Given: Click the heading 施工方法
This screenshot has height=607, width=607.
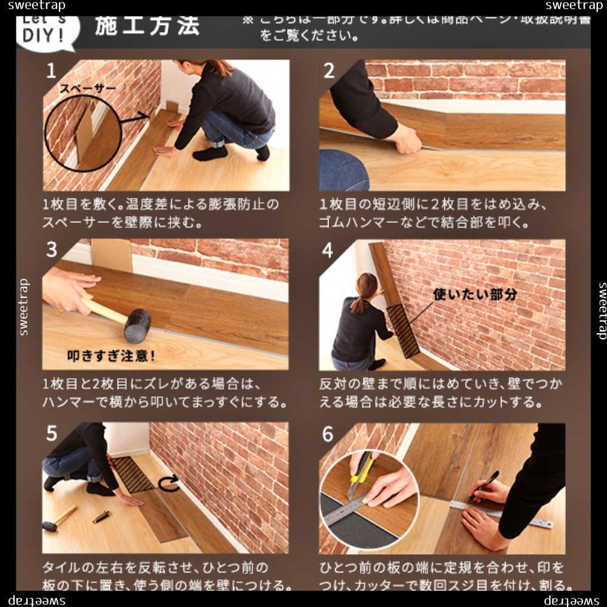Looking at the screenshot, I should pyautogui.click(x=147, y=27).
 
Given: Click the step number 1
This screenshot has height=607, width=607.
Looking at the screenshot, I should pyautogui.click(x=52, y=71).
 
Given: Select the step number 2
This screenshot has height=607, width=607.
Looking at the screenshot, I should pyautogui.click(x=329, y=71).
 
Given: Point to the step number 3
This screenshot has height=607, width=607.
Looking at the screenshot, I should pyautogui.click(x=52, y=249).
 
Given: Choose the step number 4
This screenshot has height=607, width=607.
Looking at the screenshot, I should pyautogui.click(x=328, y=250).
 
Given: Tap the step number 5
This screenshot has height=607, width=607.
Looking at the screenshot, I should pyautogui.click(x=52, y=433).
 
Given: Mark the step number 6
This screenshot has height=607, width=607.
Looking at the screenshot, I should pyautogui.click(x=328, y=433).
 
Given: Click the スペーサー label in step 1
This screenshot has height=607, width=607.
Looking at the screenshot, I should pyautogui.click(x=87, y=89).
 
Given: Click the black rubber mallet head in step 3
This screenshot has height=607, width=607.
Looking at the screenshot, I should pyautogui.click(x=137, y=325).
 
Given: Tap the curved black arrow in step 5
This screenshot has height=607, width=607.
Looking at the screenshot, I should pyautogui.click(x=169, y=483).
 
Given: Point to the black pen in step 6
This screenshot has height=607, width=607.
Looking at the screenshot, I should pyautogui.click(x=485, y=485).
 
